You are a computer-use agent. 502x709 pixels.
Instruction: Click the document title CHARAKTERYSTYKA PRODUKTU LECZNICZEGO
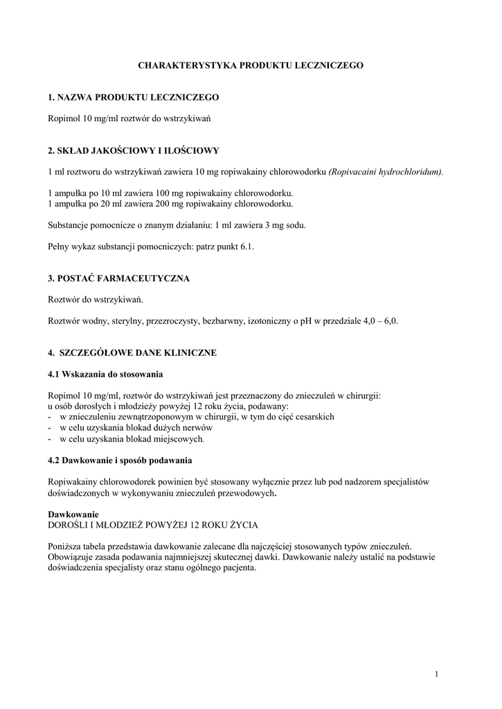251,65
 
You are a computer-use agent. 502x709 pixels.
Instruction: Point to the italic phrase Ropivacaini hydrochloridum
386,171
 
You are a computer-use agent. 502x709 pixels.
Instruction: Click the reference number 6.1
247,246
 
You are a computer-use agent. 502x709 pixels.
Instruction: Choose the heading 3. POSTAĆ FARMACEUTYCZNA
118,278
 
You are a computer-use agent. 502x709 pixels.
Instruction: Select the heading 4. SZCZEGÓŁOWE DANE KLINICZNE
132,353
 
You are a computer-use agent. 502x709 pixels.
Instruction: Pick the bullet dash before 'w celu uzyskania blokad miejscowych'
50,439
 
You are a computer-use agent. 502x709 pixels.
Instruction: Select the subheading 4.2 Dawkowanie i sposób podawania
120,460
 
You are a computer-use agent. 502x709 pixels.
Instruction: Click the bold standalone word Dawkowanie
73,514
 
